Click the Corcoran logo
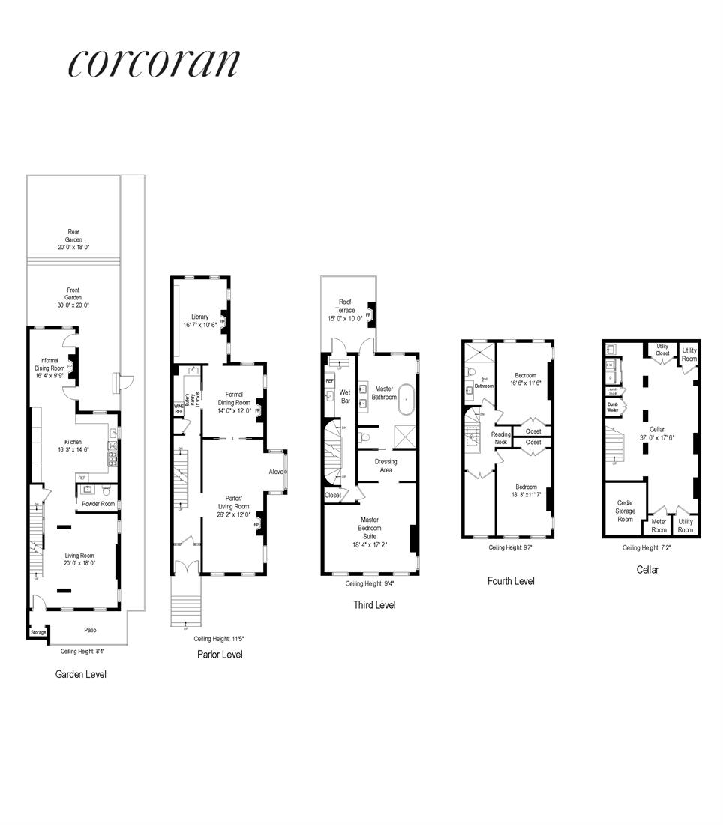(154, 63)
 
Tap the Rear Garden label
(73, 239)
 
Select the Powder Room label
(98, 505)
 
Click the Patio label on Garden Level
(88, 630)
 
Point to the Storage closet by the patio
(38, 633)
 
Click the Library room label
(199, 320)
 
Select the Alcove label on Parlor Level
(277, 472)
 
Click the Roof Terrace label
(345, 310)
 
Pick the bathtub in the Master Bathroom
(406, 400)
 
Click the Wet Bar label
(346, 396)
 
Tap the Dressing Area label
(385, 466)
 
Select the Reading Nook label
(501, 438)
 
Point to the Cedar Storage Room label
(625, 511)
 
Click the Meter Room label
(658, 526)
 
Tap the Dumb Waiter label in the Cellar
(612, 406)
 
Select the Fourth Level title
(511, 580)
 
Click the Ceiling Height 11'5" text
(219, 638)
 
